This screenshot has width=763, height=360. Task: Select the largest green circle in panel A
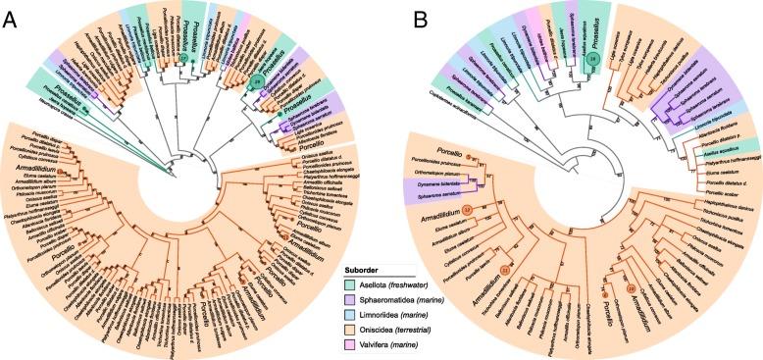pos(257,79)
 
